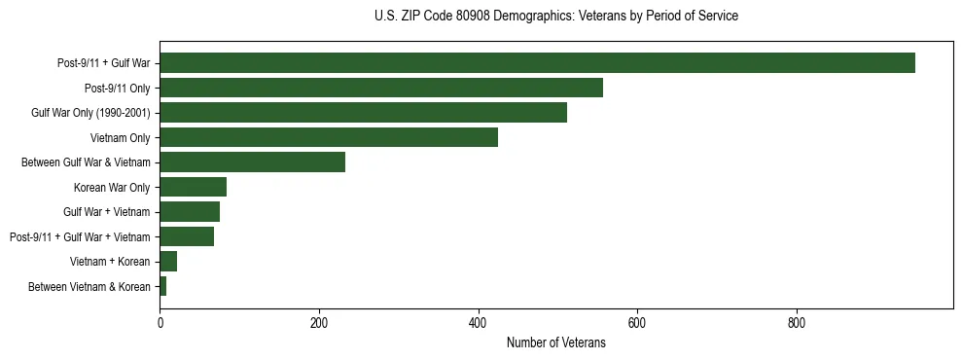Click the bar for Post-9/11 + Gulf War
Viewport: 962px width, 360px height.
pyautogui.click(x=537, y=63)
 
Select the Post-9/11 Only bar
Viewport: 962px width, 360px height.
pyautogui.click(x=381, y=88)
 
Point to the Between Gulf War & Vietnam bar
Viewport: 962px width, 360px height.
pyautogui.click(x=252, y=162)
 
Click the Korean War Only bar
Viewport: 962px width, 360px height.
pyautogui.click(x=193, y=187)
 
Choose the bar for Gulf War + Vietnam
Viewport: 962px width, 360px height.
pyautogui.click(x=190, y=212)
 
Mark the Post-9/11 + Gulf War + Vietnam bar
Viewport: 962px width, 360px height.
pyautogui.click(x=187, y=236)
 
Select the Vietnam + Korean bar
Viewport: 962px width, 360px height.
pyautogui.click(x=168, y=262)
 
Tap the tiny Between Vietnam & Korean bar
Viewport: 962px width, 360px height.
pyautogui.click(x=163, y=286)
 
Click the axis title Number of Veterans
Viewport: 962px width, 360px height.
pyautogui.click(x=555, y=342)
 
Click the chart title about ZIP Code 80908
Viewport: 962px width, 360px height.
pyautogui.click(x=555, y=17)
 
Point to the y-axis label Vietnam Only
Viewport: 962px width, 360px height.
pyautogui.click(x=120, y=137)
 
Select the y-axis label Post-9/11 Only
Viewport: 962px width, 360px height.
pyautogui.click(x=118, y=88)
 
